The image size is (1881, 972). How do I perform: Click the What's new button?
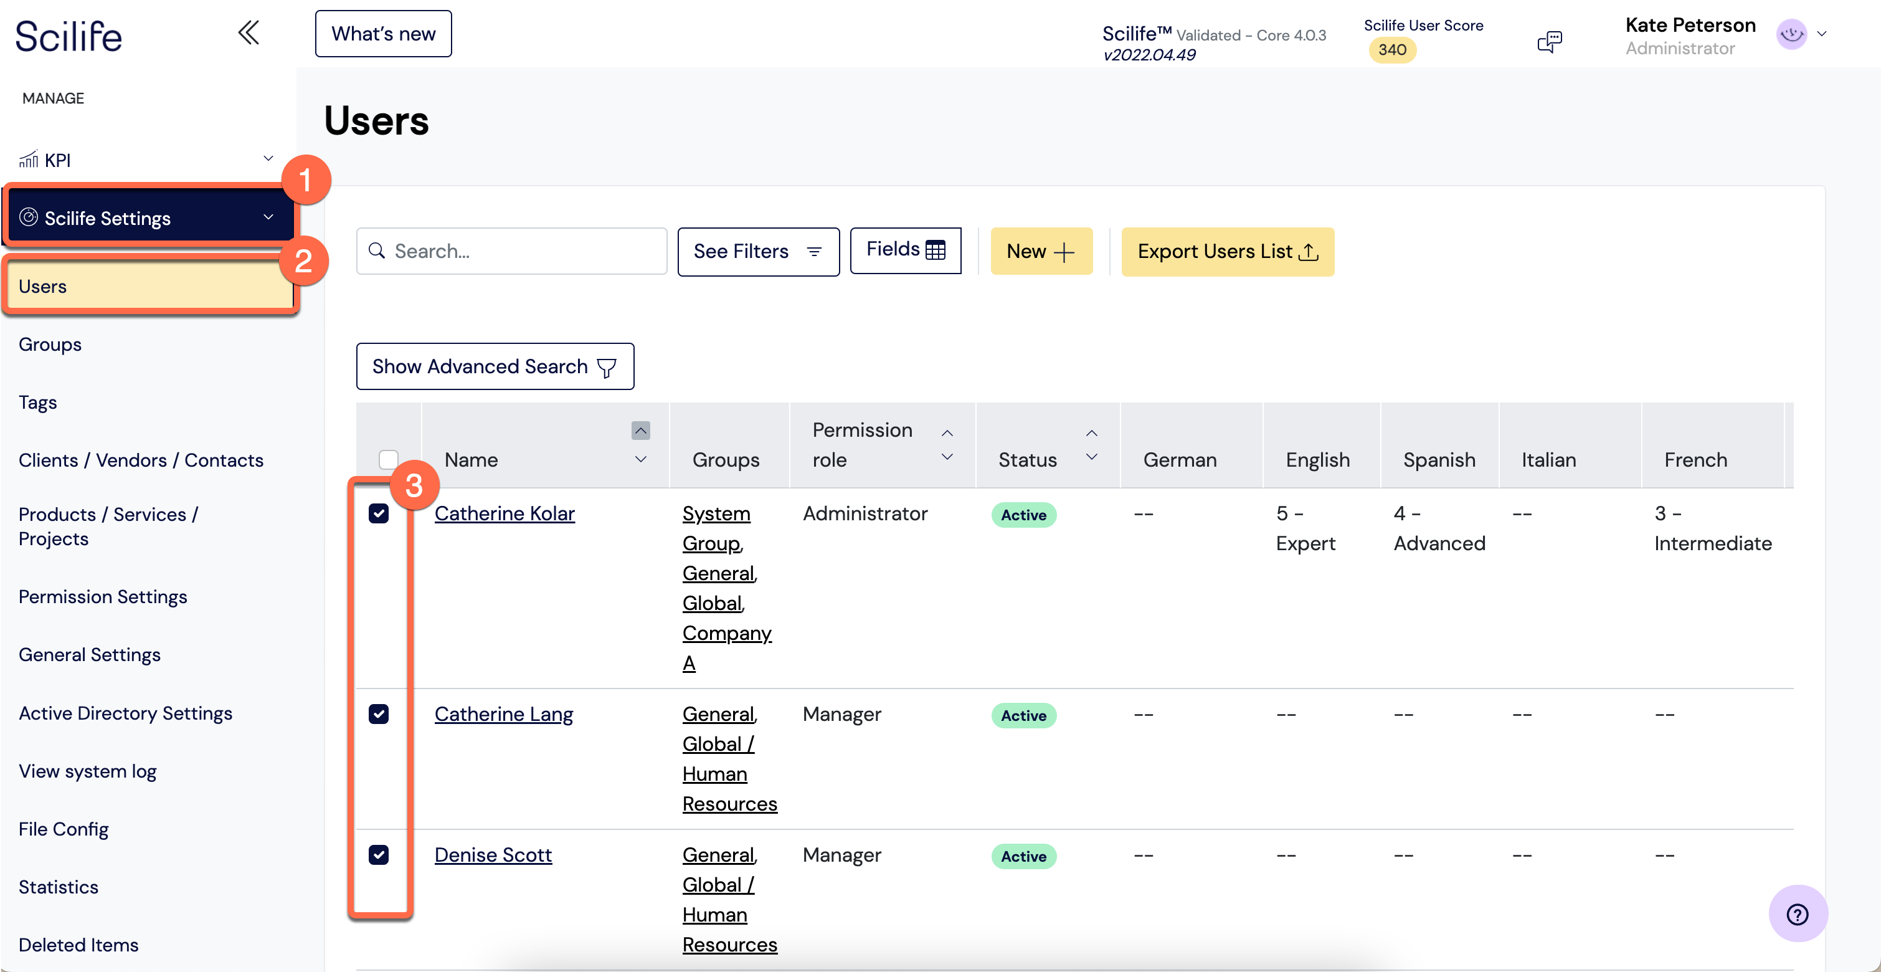[x=383, y=34]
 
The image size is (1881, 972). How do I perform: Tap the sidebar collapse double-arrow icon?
[x=249, y=33]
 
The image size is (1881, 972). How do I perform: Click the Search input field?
[x=512, y=251]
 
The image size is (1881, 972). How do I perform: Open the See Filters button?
[x=759, y=251]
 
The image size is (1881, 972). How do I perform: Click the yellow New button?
[x=1041, y=251]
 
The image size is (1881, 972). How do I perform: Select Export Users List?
[x=1228, y=251]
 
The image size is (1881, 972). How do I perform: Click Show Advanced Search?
[x=495, y=366]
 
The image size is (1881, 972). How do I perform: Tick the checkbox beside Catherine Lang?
[x=378, y=713]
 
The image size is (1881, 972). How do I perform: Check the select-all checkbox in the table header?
[x=389, y=459]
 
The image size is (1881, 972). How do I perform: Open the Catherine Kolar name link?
[x=505, y=513]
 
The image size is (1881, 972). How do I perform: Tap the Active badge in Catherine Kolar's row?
[x=1024, y=515]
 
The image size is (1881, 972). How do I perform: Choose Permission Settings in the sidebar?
[x=103, y=597]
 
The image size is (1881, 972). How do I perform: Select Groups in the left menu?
[x=50, y=344]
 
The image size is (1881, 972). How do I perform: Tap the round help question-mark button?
[x=1798, y=913]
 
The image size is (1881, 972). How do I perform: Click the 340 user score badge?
[x=1392, y=50]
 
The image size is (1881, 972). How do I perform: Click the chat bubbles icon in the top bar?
[x=1550, y=42]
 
